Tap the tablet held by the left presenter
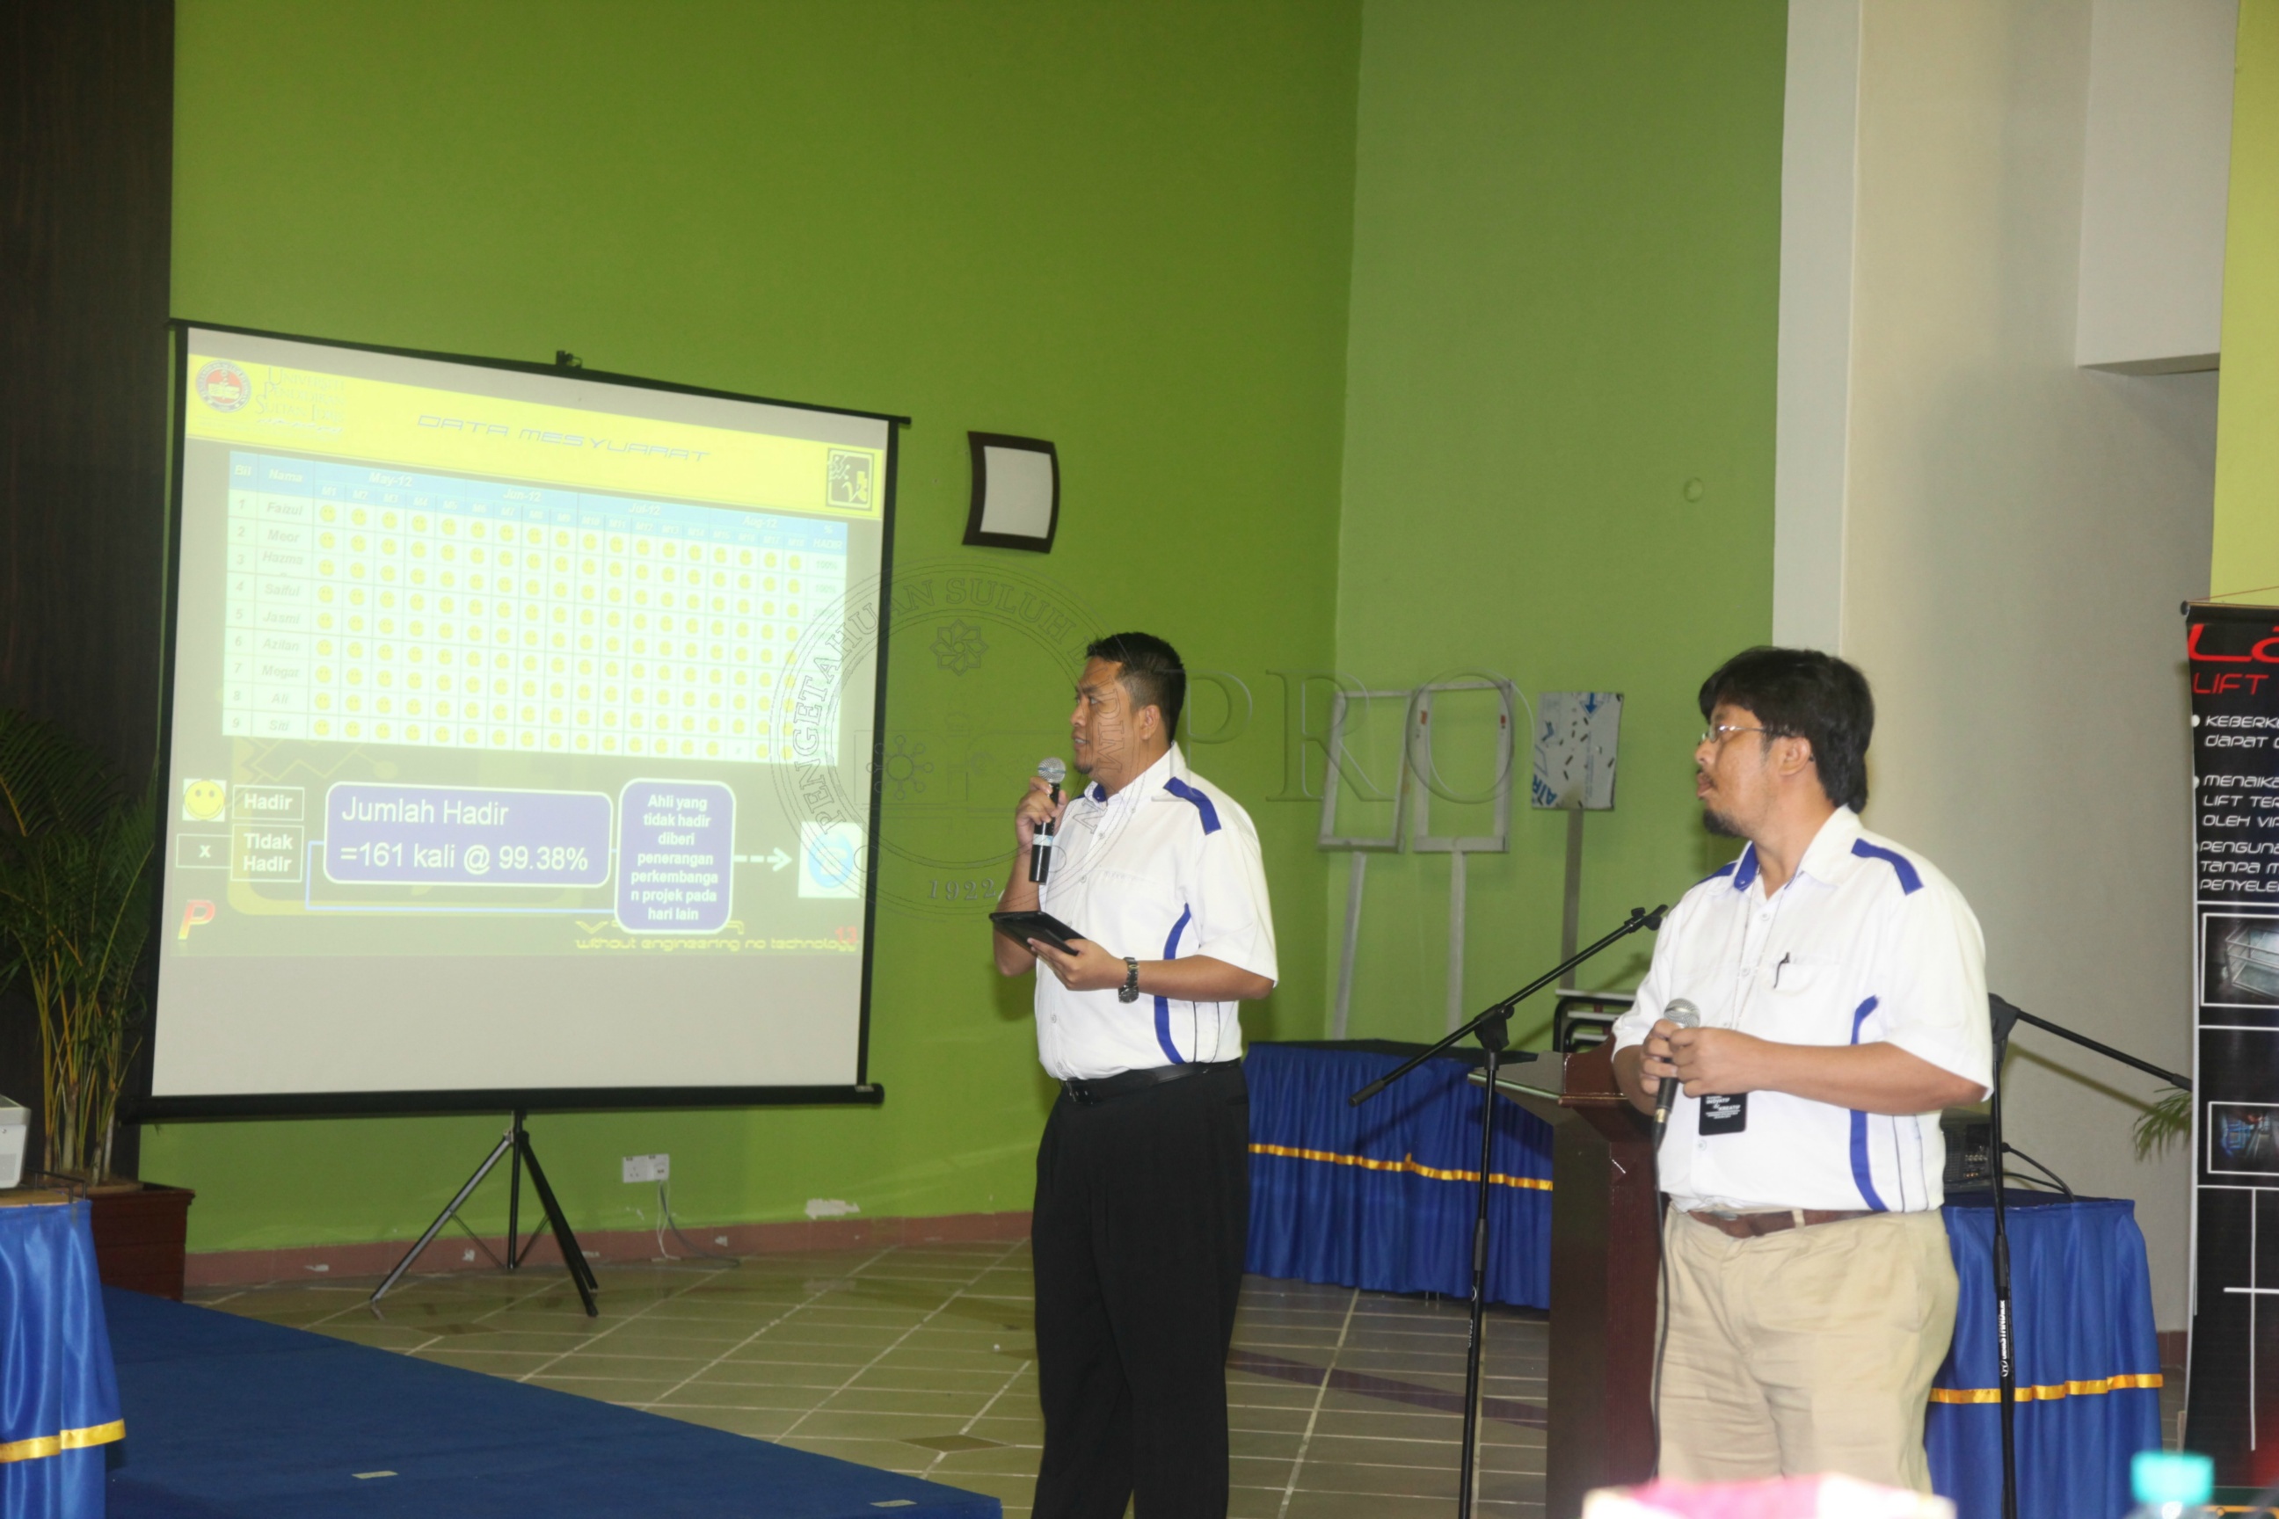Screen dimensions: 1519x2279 (1035, 930)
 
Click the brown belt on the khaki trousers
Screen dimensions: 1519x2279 (1773, 1221)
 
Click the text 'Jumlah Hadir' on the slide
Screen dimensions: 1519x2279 (425, 812)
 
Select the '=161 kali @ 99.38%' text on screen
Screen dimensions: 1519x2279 (464, 856)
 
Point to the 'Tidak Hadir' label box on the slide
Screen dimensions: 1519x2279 (267, 853)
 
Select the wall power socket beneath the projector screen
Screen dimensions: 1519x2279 (645, 1167)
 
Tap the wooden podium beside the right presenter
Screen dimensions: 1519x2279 (1598, 1260)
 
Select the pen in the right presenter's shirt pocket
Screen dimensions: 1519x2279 (1780, 968)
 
